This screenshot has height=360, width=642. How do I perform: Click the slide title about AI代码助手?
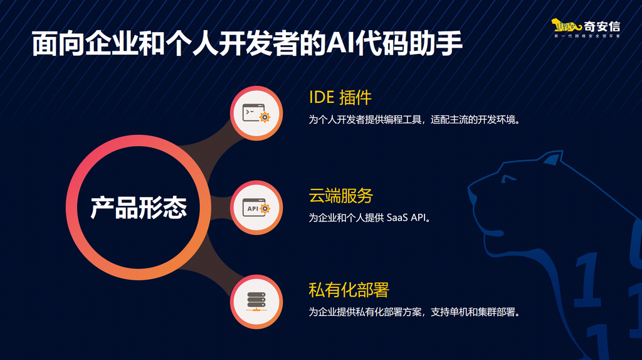(x=247, y=43)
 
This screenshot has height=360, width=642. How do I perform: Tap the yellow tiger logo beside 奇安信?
(x=566, y=26)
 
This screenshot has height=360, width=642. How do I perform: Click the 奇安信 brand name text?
(x=601, y=26)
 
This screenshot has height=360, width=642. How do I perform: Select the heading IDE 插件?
(x=340, y=97)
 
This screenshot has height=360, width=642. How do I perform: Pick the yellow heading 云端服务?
(x=340, y=196)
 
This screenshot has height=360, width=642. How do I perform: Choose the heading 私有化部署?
(x=349, y=290)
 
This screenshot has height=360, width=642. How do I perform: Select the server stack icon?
(x=256, y=302)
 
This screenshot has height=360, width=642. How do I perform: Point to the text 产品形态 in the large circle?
(x=139, y=208)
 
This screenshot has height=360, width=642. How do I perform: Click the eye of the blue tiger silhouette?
(x=508, y=179)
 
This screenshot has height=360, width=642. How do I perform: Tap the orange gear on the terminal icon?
(x=265, y=117)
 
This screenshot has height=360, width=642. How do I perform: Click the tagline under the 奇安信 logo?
(x=587, y=36)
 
